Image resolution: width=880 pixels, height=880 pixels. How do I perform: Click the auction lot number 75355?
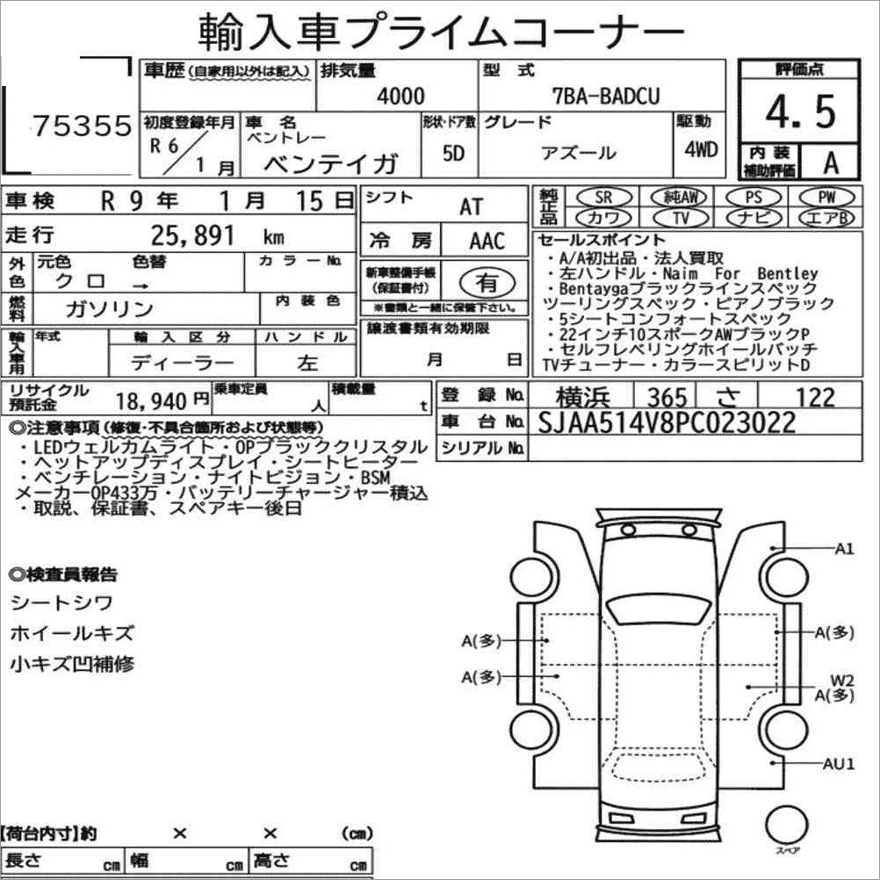pyautogui.click(x=82, y=126)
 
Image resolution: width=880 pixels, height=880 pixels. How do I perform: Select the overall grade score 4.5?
pyautogui.click(x=801, y=112)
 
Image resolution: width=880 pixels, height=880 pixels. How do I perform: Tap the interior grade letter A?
pyautogui.click(x=831, y=162)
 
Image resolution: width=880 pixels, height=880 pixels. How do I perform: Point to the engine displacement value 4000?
pyautogui.click(x=400, y=96)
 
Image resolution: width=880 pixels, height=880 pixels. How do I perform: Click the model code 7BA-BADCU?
pyautogui.click(x=606, y=96)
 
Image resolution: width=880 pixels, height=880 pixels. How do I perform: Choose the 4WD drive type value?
pyautogui.click(x=701, y=149)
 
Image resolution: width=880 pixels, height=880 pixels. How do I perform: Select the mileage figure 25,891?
pyautogui.click(x=192, y=235)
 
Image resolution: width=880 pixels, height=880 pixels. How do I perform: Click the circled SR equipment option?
pyautogui.click(x=604, y=198)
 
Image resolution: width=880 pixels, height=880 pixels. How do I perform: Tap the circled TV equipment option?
pyautogui.click(x=681, y=217)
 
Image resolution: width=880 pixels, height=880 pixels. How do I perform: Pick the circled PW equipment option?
pyautogui.click(x=826, y=198)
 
